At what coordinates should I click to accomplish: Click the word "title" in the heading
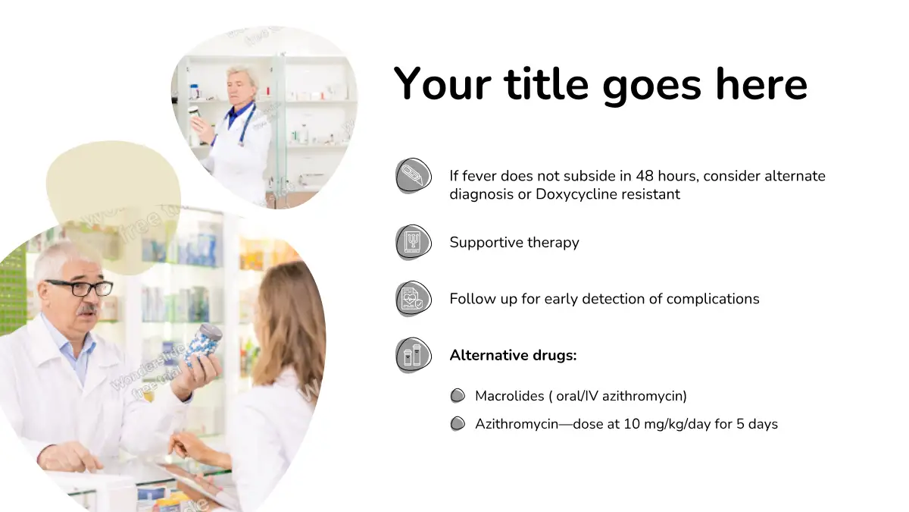click(546, 84)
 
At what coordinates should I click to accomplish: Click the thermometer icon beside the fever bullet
click(414, 175)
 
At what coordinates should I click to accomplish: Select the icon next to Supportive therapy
click(414, 242)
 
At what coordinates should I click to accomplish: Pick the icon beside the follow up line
click(414, 299)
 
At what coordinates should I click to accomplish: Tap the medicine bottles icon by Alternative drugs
click(414, 355)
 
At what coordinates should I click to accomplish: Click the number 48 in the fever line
click(645, 176)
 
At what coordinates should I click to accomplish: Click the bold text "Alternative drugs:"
click(513, 355)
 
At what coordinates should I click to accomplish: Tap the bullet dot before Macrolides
click(458, 396)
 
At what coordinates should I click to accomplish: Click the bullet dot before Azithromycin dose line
click(458, 424)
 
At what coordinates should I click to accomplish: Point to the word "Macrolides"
click(510, 396)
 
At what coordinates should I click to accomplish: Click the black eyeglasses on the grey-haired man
click(80, 287)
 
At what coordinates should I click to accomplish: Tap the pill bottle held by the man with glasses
click(203, 344)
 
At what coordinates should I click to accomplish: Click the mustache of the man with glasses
click(88, 310)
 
